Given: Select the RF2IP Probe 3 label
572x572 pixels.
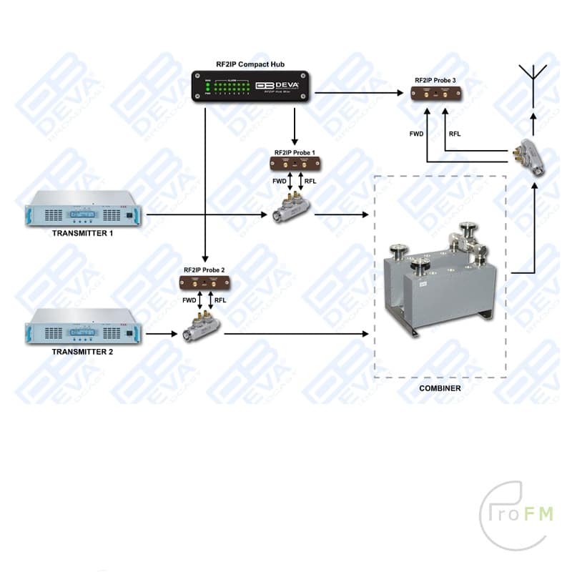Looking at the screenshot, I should point(435,81).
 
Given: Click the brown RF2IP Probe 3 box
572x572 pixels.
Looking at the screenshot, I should point(436,94).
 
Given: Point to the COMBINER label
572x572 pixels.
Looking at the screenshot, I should point(440,388).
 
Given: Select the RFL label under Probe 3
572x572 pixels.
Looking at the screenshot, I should point(455,134).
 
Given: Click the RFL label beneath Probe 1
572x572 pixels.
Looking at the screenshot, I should point(310,182).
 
